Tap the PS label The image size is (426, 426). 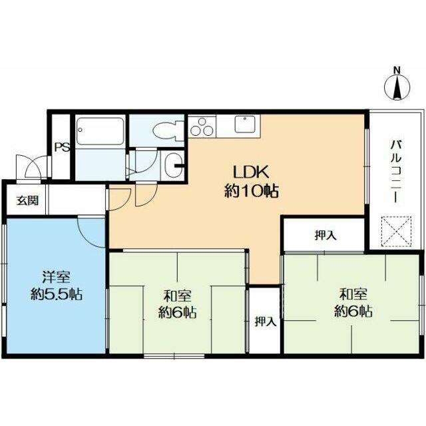62,147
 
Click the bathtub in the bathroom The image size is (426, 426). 101,131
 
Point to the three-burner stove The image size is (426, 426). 202,127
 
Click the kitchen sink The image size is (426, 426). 245,124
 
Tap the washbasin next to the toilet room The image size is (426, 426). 172,165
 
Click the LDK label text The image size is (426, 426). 252,172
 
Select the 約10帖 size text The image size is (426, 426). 252,191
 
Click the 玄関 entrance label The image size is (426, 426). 28,200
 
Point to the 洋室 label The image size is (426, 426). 57,277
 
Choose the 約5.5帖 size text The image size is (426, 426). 57,294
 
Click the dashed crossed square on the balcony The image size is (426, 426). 397,231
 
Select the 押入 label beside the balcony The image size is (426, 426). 325,235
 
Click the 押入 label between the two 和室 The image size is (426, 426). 266,321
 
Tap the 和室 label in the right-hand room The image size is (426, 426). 353,294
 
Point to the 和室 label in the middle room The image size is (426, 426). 178,296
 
